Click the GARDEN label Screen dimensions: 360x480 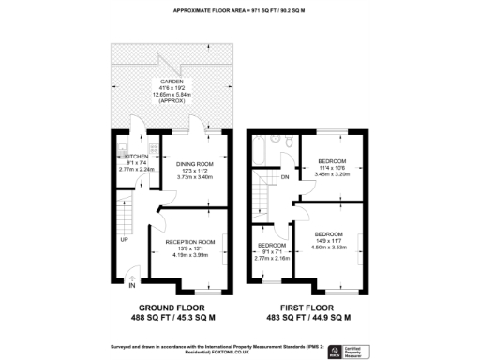pos(170,82)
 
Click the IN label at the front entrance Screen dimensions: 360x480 pos(132,285)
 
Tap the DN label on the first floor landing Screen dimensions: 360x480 pos(285,175)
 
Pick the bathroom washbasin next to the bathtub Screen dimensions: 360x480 pos(275,140)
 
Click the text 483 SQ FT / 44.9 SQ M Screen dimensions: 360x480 pos(319,318)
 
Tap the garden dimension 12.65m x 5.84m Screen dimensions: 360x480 pos(170,95)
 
